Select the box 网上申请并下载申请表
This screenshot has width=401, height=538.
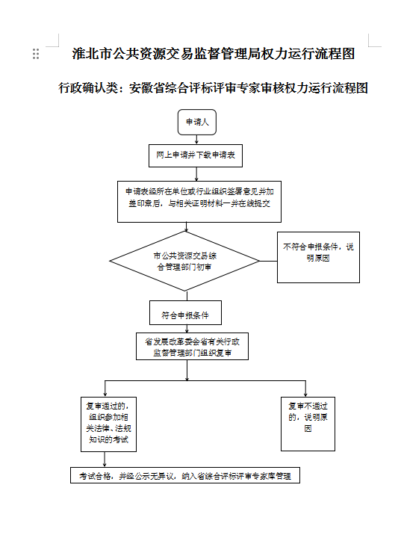[x=196, y=155]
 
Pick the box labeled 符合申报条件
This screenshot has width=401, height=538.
[x=186, y=313]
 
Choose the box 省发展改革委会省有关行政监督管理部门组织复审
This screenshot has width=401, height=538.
[x=192, y=346]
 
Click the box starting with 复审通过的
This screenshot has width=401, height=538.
[x=109, y=424]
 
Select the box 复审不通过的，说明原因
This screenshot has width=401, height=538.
[x=308, y=424]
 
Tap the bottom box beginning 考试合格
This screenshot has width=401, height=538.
[x=185, y=475]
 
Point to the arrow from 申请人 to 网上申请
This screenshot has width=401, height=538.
[x=196, y=140]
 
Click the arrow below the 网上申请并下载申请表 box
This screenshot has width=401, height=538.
[x=196, y=174]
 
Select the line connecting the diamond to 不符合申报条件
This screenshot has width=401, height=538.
[x=268, y=261]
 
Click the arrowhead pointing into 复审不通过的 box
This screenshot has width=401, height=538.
[x=305, y=395]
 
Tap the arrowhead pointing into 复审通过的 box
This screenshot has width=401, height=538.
[x=105, y=395]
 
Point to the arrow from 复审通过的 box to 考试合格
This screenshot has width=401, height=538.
[x=105, y=460]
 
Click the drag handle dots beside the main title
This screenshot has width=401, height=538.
[x=36, y=54]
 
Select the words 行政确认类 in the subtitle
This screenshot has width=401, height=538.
[x=89, y=88]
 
